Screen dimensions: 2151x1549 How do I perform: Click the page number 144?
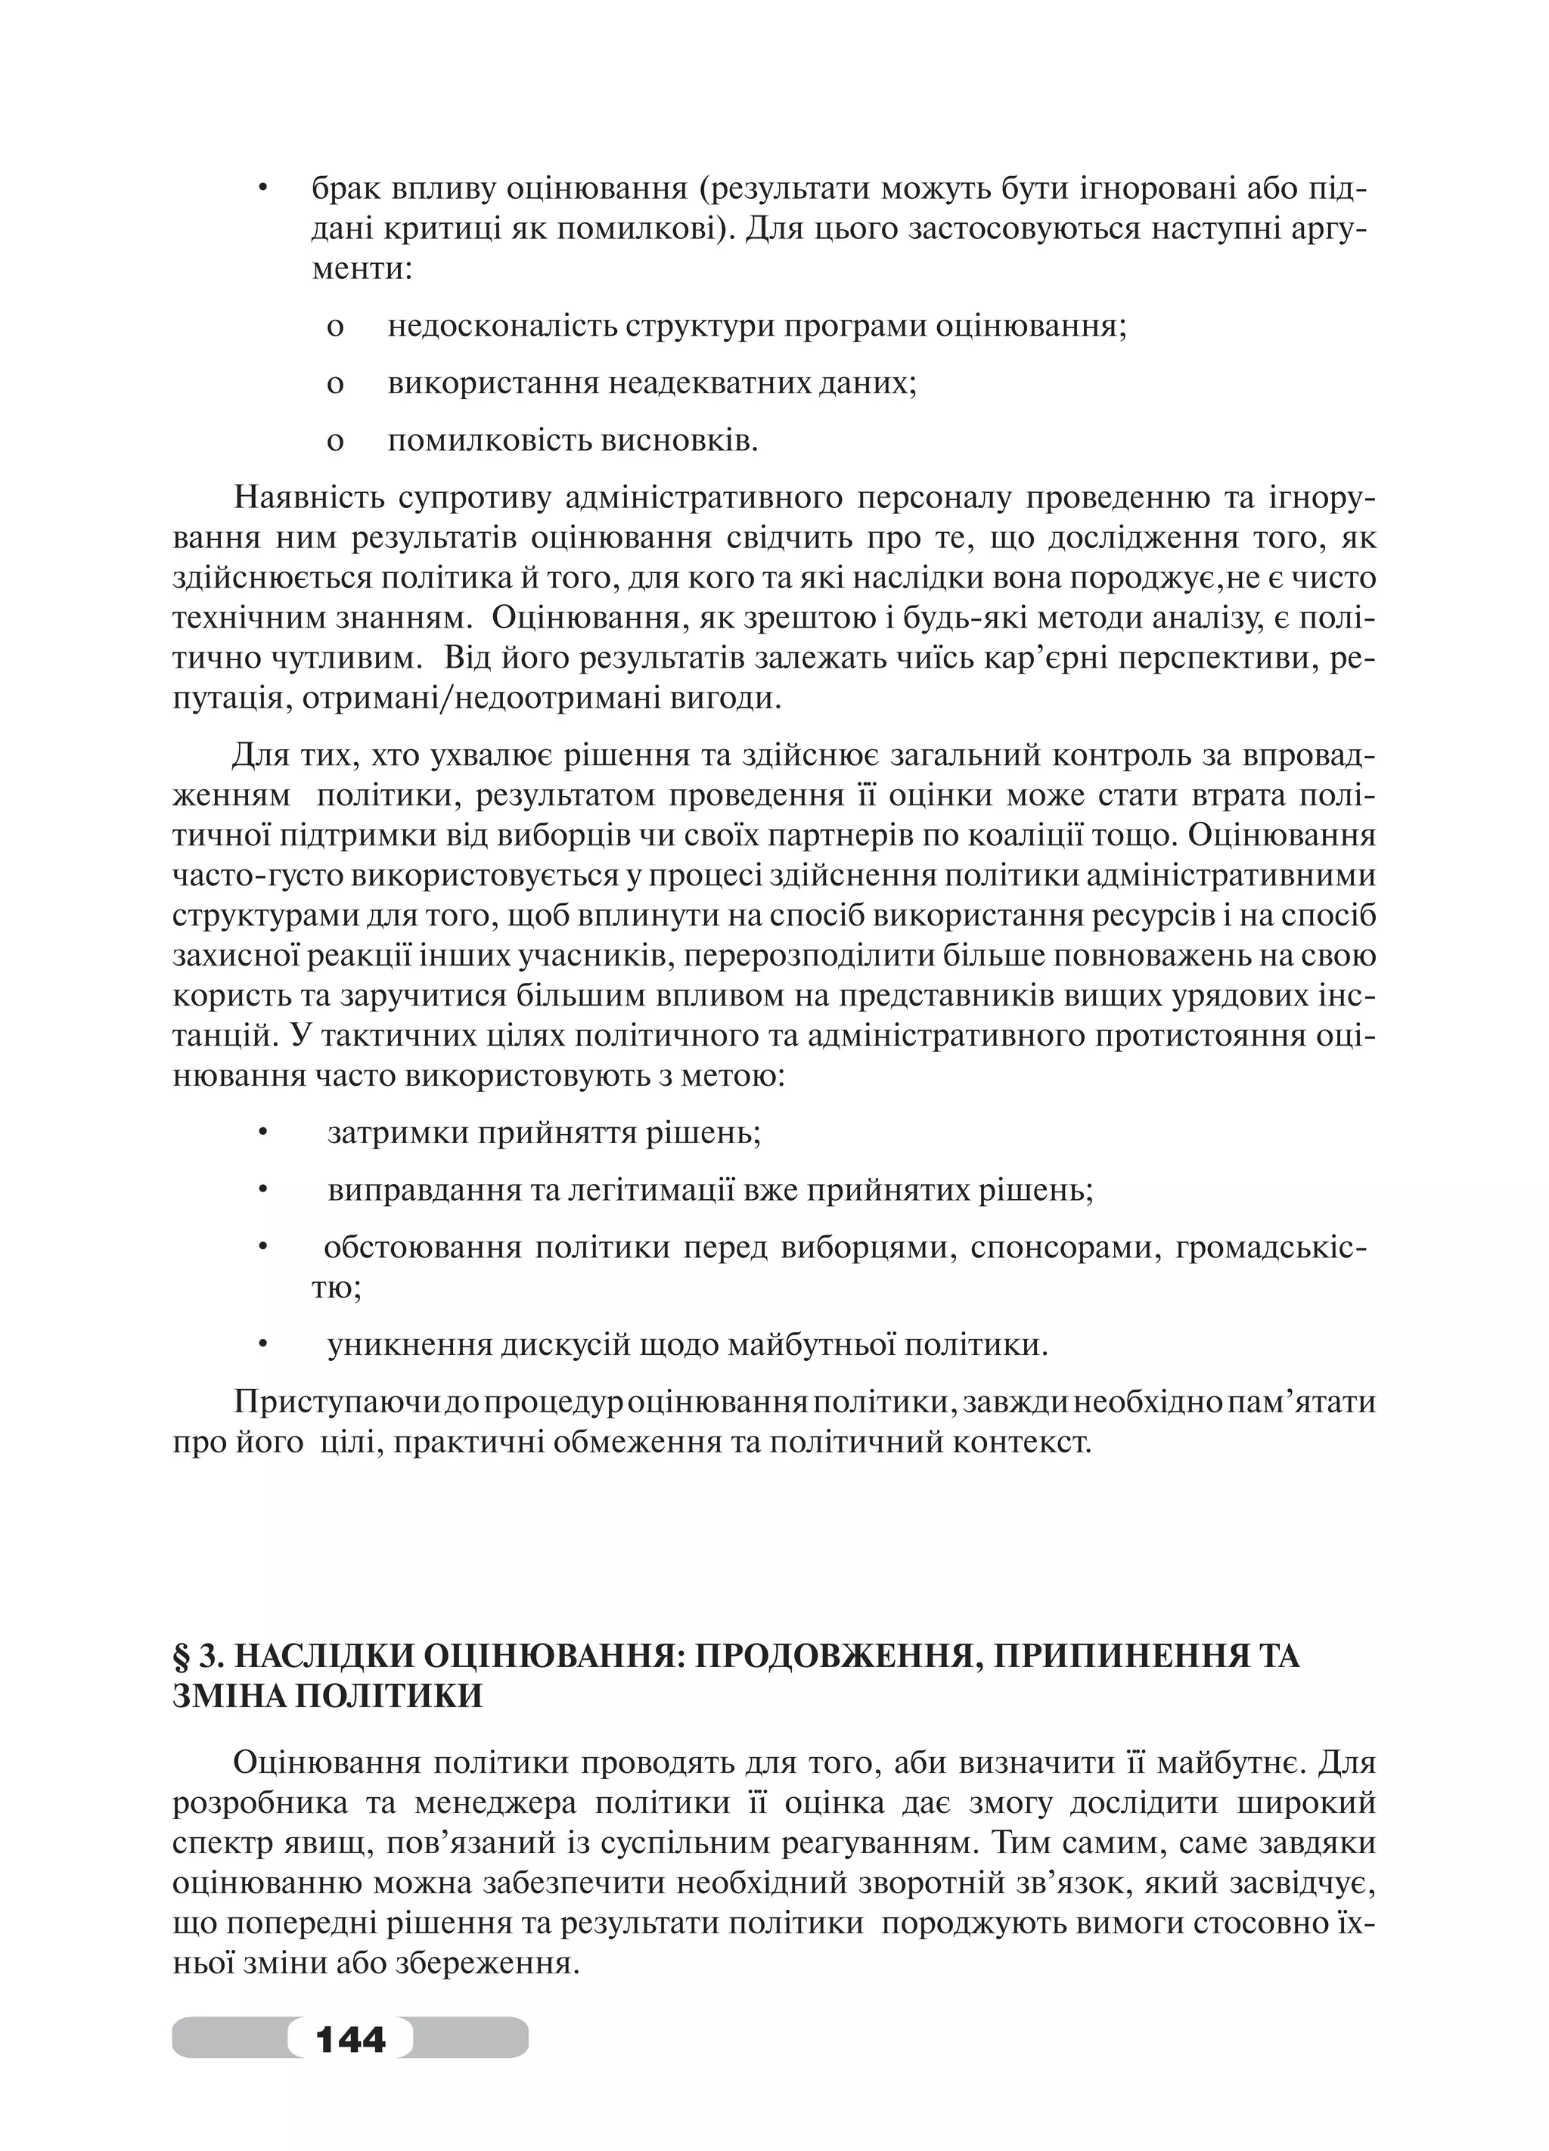coord(350,2038)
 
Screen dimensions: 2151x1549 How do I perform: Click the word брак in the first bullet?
coord(346,189)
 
